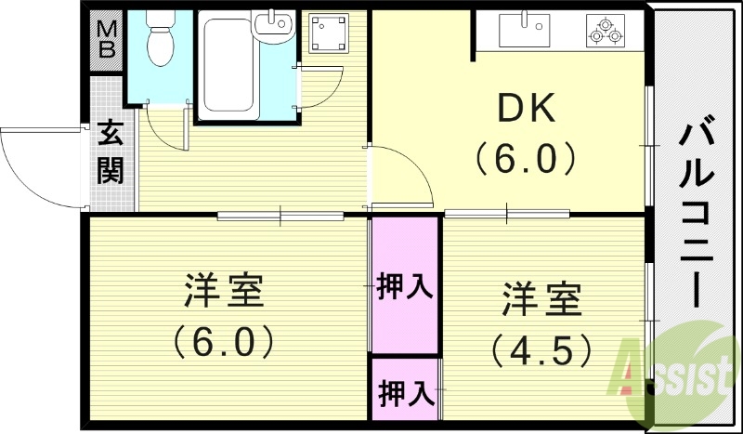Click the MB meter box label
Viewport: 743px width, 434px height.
pyautogui.click(x=107, y=39)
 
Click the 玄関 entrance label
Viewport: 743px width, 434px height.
pyautogui.click(x=111, y=152)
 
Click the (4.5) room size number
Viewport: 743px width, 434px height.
pyautogui.click(x=541, y=349)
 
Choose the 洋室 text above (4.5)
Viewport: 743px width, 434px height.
pyautogui.click(x=542, y=299)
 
